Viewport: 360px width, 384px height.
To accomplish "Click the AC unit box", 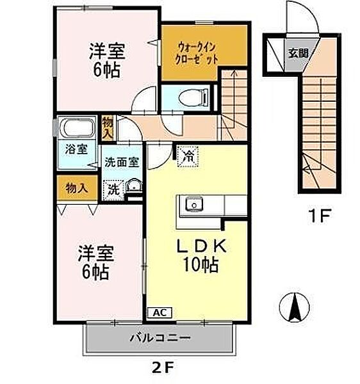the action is point(160,312).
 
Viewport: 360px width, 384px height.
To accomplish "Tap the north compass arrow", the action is point(295,307).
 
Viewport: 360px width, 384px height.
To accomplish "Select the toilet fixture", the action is point(193,99).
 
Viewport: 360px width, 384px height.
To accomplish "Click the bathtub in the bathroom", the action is point(78,128).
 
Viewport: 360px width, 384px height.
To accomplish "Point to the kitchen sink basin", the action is point(194,204).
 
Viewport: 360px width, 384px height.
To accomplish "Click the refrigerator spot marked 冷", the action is point(188,157).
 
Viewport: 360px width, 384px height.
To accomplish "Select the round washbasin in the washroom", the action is point(133,186).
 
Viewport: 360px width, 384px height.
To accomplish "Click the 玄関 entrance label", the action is point(298,52).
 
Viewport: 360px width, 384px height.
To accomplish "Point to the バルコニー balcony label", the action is point(160,338).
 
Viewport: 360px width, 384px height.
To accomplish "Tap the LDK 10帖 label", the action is point(201,255).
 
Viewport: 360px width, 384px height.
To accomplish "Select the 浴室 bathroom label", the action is point(76,149).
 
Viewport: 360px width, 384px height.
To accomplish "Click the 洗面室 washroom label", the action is point(122,162).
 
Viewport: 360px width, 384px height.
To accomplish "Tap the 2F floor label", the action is point(163,367).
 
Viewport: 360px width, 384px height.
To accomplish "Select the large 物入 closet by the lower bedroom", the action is point(77,188).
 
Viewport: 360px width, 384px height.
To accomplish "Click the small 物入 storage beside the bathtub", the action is point(108,129).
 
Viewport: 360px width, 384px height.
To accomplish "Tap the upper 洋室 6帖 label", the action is point(108,60).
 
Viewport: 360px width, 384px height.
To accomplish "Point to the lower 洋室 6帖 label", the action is point(96,262).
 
